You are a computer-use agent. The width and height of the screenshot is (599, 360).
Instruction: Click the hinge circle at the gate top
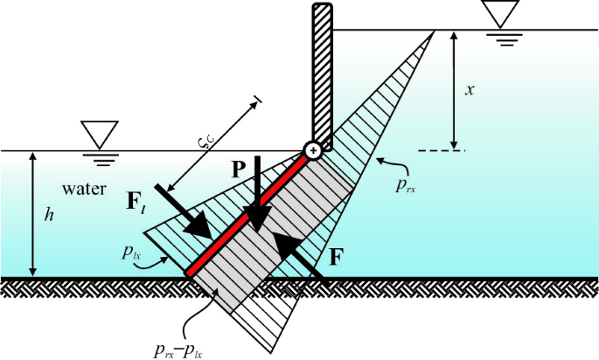click(x=312, y=150)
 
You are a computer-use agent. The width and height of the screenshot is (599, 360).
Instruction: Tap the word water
click(x=84, y=189)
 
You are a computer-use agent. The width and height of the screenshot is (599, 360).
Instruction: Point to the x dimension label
click(x=470, y=90)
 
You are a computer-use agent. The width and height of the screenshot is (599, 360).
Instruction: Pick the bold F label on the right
click(x=337, y=258)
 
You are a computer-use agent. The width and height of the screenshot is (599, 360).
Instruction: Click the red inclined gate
click(x=249, y=214)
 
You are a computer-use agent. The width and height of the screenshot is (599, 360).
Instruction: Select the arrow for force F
click(x=299, y=259)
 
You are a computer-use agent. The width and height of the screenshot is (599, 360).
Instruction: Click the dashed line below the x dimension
click(x=442, y=151)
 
